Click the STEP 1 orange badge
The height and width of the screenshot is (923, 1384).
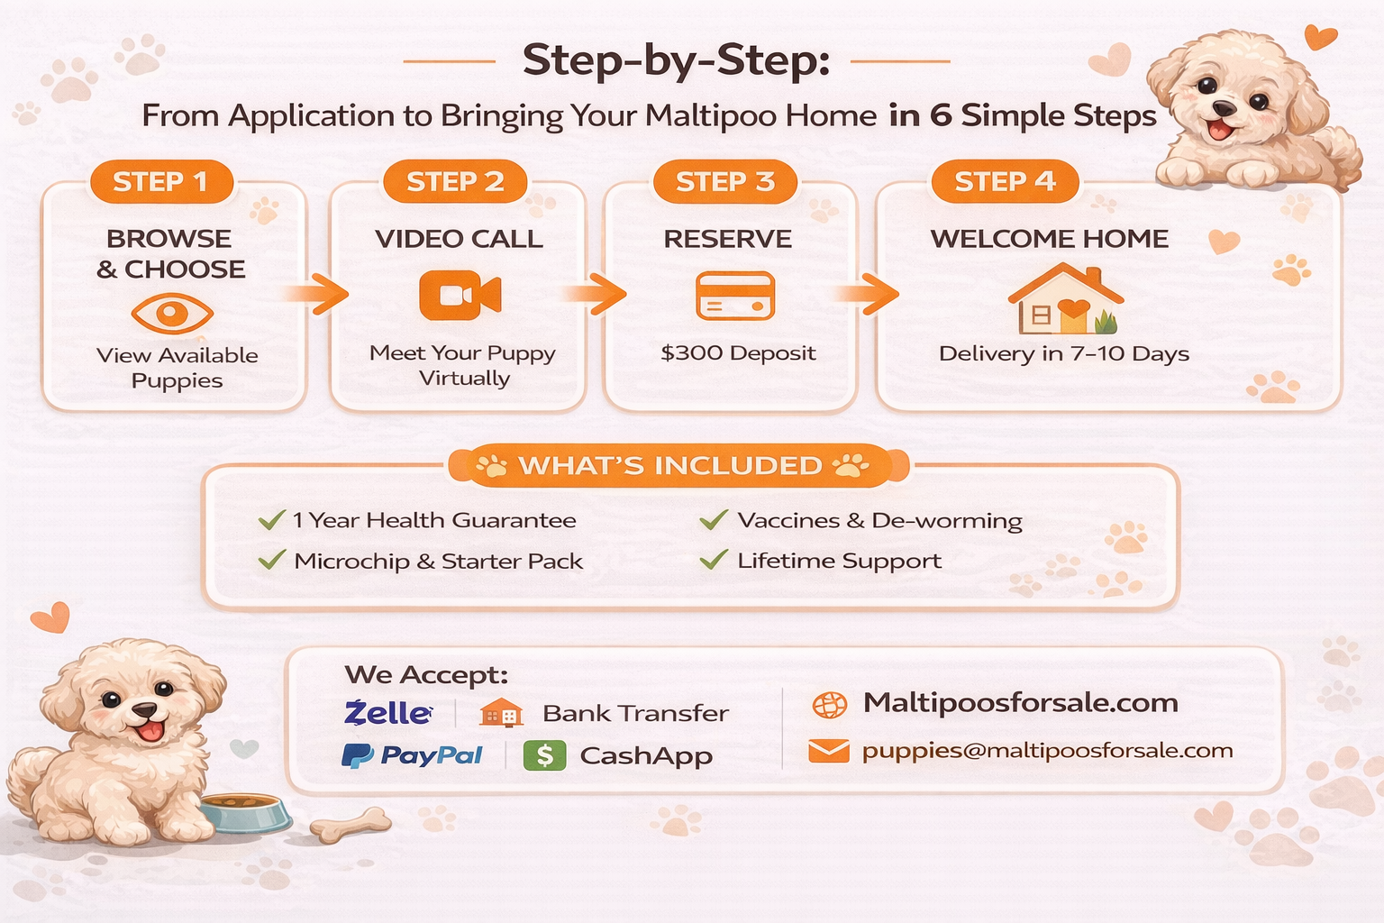[x=160, y=182]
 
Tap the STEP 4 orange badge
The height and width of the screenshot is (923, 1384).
[x=1005, y=182]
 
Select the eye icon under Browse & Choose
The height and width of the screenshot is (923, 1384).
[x=171, y=314]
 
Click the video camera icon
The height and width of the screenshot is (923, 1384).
[x=460, y=296]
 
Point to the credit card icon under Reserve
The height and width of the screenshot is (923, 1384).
[x=735, y=296]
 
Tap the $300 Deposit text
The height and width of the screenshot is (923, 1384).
[x=738, y=353]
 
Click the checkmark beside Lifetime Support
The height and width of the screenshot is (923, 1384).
[x=713, y=560]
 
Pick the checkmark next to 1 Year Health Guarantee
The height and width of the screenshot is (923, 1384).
[x=271, y=520]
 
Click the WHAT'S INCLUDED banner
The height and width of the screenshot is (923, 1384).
[x=671, y=466]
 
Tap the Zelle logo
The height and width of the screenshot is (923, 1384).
[x=387, y=713]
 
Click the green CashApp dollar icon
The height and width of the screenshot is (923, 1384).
[x=544, y=755]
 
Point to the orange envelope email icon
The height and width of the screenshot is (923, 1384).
[x=828, y=751]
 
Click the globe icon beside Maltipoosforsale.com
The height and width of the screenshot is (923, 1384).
[x=829, y=705]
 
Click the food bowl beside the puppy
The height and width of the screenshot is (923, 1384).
[x=246, y=811]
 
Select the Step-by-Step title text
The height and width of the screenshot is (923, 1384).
[x=676, y=61]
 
